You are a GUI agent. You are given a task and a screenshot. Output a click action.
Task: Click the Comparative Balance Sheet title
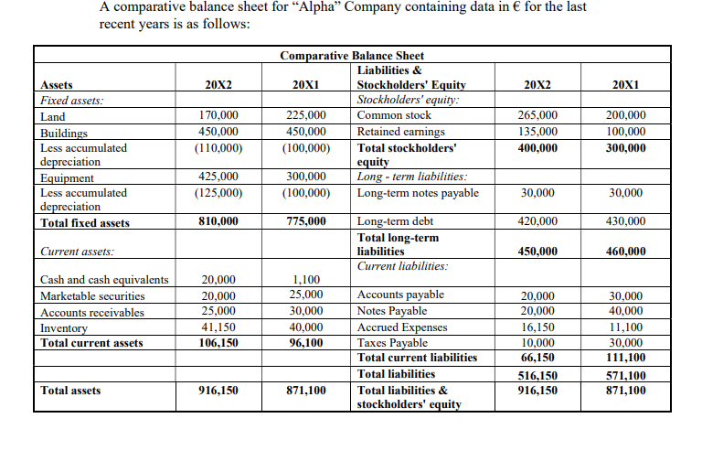coord(352,56)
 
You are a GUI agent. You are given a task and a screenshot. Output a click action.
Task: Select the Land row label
coord(53,116)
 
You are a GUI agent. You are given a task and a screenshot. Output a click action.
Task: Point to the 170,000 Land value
coord(218,116)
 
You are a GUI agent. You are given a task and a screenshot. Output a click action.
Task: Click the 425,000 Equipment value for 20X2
coord(218,177)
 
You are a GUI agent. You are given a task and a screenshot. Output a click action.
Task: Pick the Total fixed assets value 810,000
coord(218,222)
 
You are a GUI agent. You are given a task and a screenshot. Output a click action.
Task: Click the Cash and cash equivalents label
coord(103,280)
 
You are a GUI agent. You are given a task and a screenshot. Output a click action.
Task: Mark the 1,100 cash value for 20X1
coord(306,280)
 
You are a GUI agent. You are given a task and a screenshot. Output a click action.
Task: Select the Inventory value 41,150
coord(218,327)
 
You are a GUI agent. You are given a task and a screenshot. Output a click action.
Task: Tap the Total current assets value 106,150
coord(218,343)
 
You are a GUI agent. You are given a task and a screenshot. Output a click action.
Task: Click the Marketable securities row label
coord(92,295)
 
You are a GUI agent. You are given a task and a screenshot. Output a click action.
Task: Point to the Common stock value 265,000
coord(537,116)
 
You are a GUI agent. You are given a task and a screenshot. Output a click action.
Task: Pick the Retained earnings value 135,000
coord(537,132)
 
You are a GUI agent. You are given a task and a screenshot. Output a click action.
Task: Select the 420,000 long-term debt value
coord(537,222)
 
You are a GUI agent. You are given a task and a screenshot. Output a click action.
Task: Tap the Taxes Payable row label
coord(392,342)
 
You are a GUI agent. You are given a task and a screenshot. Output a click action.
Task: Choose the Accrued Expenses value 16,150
coord(537,327)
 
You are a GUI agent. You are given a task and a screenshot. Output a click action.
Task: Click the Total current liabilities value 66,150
coord(537,358)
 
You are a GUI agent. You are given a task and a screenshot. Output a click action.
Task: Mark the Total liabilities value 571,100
coord(625,376)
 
